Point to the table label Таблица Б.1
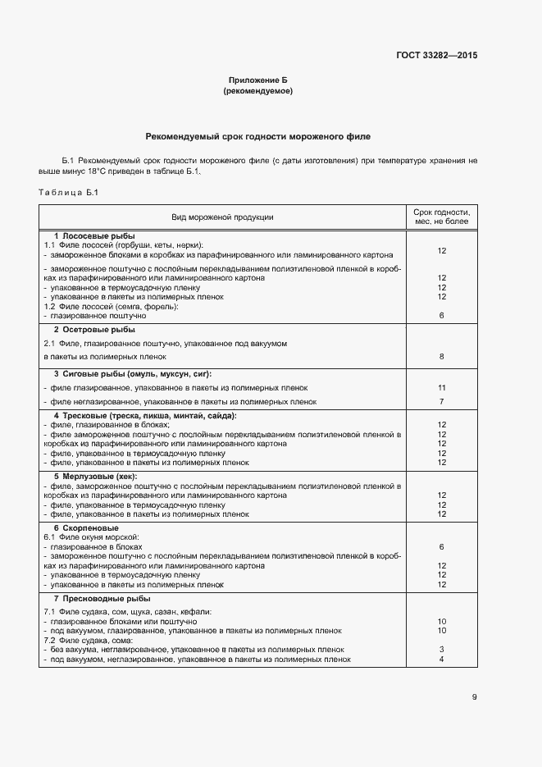(x=68, y=193)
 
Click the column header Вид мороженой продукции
(x=222, y=217)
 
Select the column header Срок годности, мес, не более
(x=441, y=217)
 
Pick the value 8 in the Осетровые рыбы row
(x=441, y=357)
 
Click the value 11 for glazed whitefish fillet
(x=441, y=387)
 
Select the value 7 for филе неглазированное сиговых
(x=441, y=402)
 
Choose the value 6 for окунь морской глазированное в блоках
(x=441, y=546)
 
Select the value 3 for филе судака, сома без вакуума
(x=441, y=650)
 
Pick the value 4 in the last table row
(x=441, y=659)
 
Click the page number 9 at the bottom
(x=474, y=697)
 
